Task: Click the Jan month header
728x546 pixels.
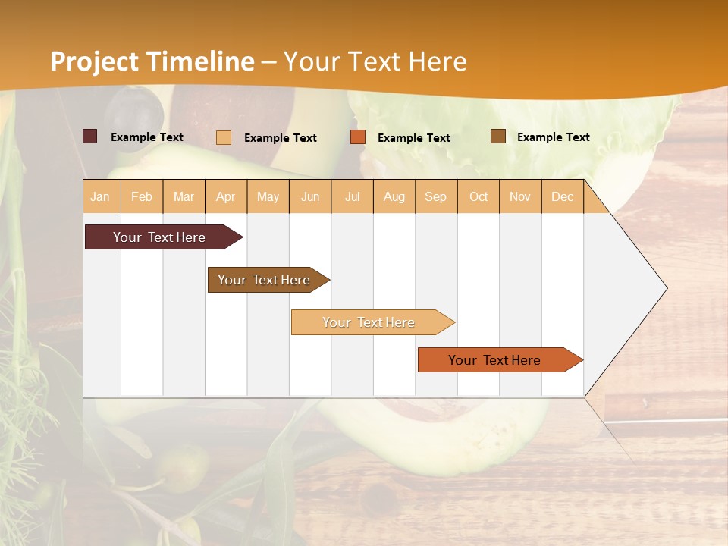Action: point(101,196)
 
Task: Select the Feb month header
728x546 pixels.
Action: point(142,196)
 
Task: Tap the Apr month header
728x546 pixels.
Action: point(226,196)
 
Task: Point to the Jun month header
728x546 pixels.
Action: point(310,196)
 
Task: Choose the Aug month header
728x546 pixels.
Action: point(394,196)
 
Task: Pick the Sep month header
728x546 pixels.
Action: point(436,196)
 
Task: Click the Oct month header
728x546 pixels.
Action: point(479,196)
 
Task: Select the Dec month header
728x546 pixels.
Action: point(563,196)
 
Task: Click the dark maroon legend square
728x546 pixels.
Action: point(90,136)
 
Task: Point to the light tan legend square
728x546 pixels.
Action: point(224,137)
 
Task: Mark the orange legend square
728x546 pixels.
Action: point(358,137)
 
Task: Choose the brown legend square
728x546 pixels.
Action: point(497,136)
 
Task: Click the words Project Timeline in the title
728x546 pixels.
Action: point(152,61)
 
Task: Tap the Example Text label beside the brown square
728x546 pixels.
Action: point(553,137)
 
